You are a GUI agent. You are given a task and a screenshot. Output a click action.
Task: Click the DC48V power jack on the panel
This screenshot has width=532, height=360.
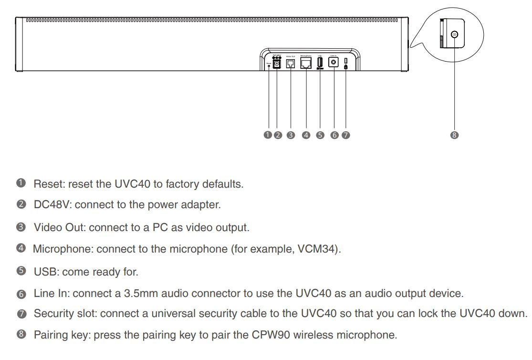(276, 63)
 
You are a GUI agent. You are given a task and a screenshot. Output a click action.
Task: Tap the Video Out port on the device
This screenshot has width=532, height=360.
(290, 63)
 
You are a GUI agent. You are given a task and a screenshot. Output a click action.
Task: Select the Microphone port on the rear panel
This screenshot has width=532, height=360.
(306, 63)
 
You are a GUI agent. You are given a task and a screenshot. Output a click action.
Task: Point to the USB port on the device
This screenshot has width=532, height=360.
(320, 62)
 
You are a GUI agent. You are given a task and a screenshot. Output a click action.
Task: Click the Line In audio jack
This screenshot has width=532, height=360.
(334, 63)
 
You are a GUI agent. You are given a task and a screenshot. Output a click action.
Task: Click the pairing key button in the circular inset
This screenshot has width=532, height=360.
(454, 34)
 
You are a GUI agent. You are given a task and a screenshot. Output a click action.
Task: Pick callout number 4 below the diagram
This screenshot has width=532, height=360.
(306, 135)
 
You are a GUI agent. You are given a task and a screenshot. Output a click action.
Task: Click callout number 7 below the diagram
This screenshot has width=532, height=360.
(346, 135)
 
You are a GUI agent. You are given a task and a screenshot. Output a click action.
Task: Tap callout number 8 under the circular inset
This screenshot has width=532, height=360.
(454, 135)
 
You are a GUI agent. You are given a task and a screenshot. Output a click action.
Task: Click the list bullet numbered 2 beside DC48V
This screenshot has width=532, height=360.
(21, 205)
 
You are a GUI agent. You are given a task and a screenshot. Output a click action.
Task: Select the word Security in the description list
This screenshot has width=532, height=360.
(52, 314)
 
